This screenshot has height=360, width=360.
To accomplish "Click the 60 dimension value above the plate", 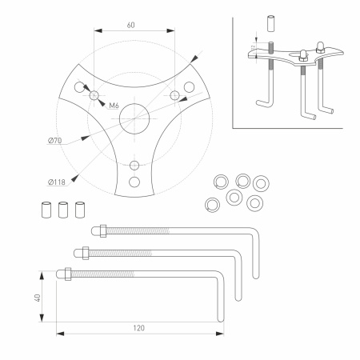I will tap(130, 25).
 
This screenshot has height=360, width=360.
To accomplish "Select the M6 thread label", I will tap(114, 106).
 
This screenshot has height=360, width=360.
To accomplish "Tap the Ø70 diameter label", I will tap(55, 142).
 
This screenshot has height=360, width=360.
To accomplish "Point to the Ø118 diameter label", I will tap(55, 179).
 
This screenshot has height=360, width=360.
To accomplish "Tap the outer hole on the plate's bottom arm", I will tap(134, 166).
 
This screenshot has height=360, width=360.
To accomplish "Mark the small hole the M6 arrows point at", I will tap(95, 95).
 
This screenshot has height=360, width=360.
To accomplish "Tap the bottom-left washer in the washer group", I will tap(212, 203).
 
